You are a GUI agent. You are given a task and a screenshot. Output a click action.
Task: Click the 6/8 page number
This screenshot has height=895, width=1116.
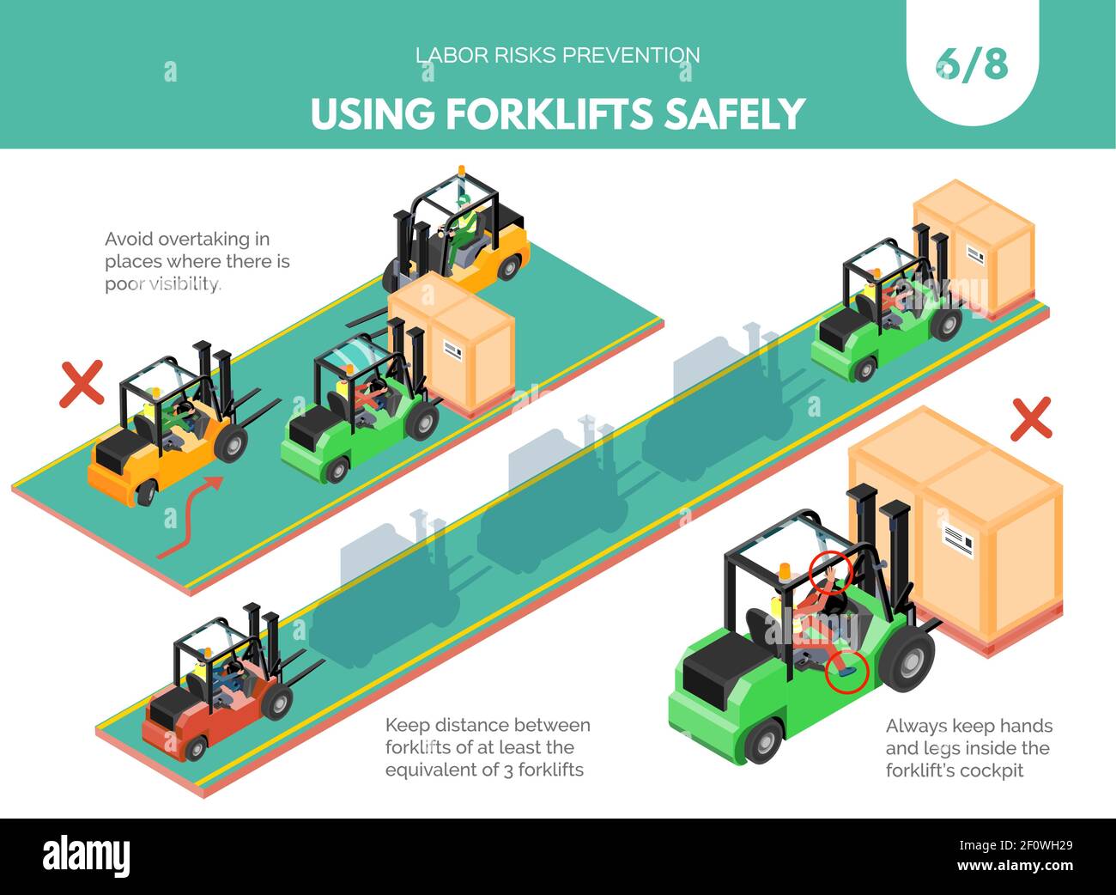(972, 64)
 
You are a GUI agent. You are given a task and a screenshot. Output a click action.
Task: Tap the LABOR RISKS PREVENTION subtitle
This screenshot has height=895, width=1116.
(557, 55)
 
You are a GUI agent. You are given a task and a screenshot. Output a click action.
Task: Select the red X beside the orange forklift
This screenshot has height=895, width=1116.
(82, 383)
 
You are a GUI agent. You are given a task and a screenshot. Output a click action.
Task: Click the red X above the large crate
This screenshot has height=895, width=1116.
(1030, 419)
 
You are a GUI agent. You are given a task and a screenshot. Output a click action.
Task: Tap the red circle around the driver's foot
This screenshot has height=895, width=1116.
(846, 672)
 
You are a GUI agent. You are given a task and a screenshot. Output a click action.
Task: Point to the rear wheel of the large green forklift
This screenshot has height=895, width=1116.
(762, 741)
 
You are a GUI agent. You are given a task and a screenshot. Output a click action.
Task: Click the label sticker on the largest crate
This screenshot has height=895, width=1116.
(960, 539)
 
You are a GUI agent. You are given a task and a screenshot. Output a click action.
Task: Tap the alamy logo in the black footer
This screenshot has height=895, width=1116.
(86, 855)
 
